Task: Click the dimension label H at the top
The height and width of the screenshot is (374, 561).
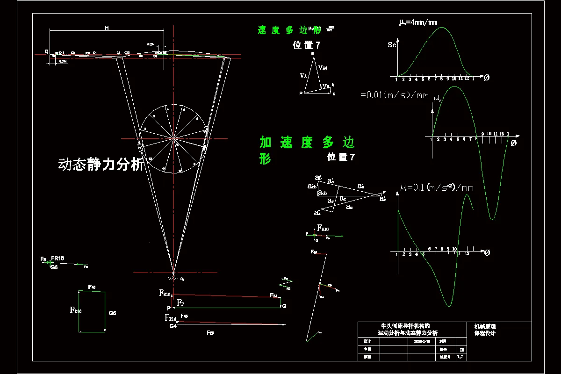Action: click(x=107, y=28)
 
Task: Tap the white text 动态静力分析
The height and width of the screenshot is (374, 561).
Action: click(x=101, y=164)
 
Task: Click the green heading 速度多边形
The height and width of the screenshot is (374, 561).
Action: click(x=289, y=30)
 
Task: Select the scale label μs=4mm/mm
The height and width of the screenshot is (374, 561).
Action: click(x=418, y=22)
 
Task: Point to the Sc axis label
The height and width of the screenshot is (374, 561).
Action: click(x=392, y=45)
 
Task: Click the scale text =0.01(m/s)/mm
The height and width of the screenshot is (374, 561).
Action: click(x=395, y=95)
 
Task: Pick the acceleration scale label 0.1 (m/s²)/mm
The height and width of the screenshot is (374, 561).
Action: click(x=437, y=188)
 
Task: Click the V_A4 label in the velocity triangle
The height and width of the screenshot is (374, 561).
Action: click(x=323, y=68)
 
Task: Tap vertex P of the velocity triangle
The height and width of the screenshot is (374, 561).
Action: click(x=302, y=93)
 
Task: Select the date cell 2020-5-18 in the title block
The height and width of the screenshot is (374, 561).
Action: click(x=422, y=341)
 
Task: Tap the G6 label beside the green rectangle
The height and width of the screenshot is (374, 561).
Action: click(x=112, y=312)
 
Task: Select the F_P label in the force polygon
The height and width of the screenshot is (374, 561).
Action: click(x=180, y=303)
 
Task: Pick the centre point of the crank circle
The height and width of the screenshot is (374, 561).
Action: click(x=173, y=138)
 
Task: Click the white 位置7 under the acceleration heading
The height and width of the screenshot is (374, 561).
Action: click(x=341, y=158)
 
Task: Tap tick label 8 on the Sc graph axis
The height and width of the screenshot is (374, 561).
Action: click(x=441, y=79)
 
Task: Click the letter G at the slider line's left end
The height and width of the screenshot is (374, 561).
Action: click(x=46, y=51)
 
